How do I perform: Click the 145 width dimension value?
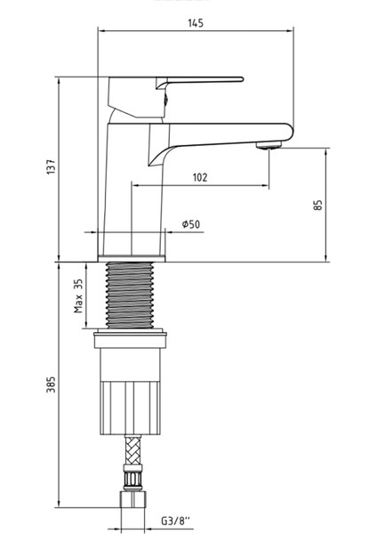click(x=196, y=24)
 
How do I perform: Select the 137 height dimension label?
click(x=52, y=166)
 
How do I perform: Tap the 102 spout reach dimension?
click(x=200, y=177)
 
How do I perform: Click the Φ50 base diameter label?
click(x=189, y=224)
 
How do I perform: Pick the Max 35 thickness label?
click(x=78, y=295)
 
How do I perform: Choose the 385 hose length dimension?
click(x=52, y=384)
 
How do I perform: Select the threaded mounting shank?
click(x=132, y=294)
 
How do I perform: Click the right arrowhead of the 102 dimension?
click(x=266, y=186)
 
